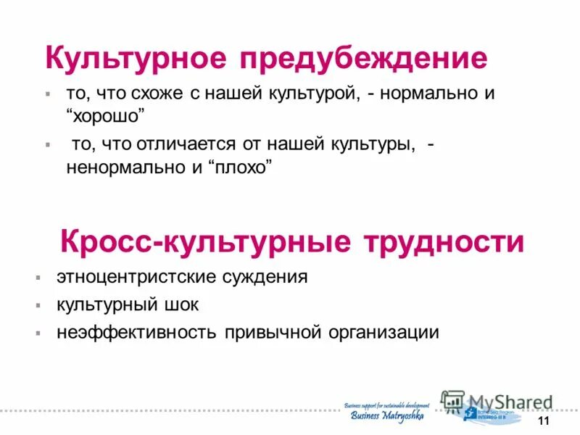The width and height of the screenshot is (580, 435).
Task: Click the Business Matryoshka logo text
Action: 387,415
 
